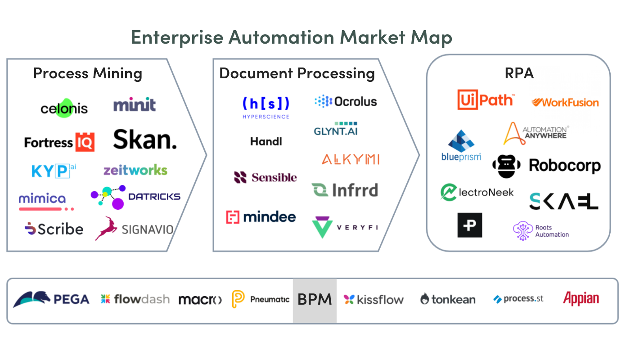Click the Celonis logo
pyautogui.click(x=64, y=108)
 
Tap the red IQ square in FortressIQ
pyautogui.click(x=85, y=142)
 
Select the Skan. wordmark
pyautogui.click(x=145, y=139)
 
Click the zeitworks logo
pyautogui.click(x=135, y=170)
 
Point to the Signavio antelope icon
pyautogui.click(x=106, y=229)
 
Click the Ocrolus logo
pyautogui.click(x=346, y=101)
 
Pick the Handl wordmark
pyautogui.click(x=266, y=141)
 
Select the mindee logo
pyautogui.click(x=261, y=217)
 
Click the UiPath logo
pyautogui.click(x=486, y=99)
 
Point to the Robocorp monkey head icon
pyautogui.click(x=506, y=166)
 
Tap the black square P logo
pyautogui.click(x=470, y=225)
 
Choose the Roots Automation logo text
pyautogui.click(x=552, y=231)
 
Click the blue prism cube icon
pyautogui.click(x=461, y=141)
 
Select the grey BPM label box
pyautogui.click(x=315, y=301)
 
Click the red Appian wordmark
pyautogui.click(x=581, y=299)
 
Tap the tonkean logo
pyautogui.click(x=448, y=299)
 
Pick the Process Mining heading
pyautogui.click(x=88, y=74)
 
